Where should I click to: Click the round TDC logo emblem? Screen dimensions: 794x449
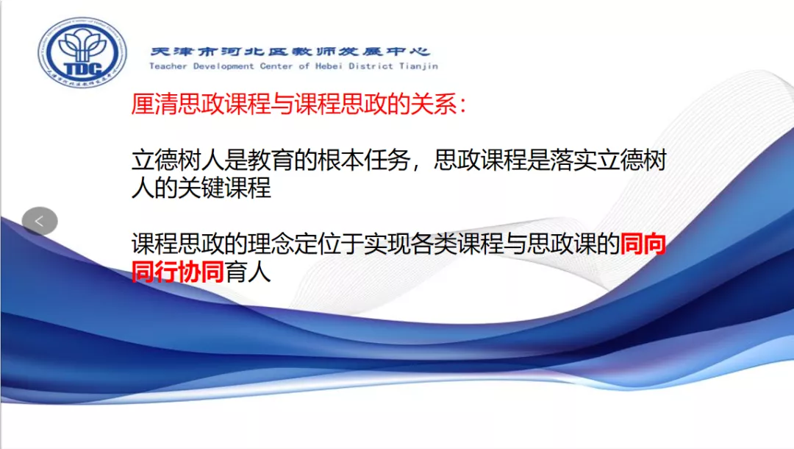tap(82, 52)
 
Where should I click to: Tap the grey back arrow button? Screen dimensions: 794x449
tap(40, 221)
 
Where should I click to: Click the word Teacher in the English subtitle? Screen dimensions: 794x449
tap(168, 66)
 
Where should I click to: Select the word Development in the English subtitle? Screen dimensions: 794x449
tap(223, 66)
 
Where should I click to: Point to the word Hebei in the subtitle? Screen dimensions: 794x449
tap(329, 66)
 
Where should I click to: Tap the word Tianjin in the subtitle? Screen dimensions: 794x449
tap(418, 66)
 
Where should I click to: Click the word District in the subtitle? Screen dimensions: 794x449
tap(371, 66)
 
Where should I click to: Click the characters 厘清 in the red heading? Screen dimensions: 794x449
tap(154, 105)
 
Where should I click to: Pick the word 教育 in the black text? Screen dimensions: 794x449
tap(271, 160)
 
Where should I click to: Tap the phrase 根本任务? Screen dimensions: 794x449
tap(364, 160)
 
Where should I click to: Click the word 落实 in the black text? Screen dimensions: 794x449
tap(573, 160)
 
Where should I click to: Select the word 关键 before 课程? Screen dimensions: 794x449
tap(201, 188)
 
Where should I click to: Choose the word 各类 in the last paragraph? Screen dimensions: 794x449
tap(434, 244)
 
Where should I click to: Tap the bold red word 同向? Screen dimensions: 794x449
tap(643, 244)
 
